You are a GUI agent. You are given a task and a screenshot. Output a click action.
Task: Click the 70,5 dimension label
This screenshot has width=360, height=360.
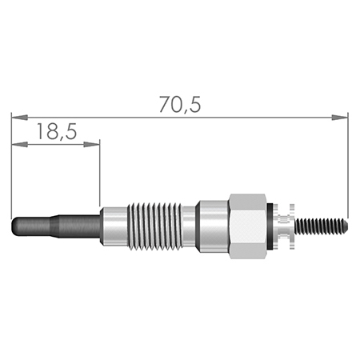(x=180, y=105)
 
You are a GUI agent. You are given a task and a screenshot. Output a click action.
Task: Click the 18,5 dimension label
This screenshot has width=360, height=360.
(x=57, y=131)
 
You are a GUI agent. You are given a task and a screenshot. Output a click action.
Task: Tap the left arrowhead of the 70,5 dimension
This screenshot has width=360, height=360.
(x=20, y=118)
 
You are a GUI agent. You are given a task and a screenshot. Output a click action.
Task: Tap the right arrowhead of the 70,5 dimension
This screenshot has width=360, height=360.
(x=339, y=118)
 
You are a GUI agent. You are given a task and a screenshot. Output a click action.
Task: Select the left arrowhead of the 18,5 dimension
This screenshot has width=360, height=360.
(x=20, y=145)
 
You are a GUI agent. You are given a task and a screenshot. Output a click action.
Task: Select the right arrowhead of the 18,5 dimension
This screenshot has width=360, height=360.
(x=91, y=145)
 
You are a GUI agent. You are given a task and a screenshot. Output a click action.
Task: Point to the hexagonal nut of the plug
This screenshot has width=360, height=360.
(x=248, y=226)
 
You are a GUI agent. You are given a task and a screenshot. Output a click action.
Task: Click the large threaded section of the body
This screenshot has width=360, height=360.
(x=154, y=226)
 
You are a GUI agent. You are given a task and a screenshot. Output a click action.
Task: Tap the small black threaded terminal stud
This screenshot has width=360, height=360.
(x=322, y=226)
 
